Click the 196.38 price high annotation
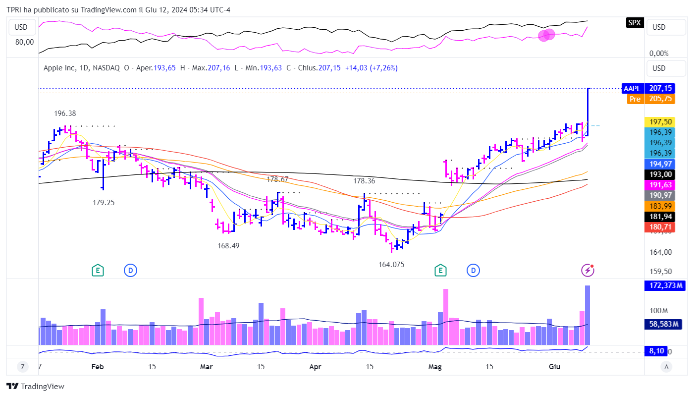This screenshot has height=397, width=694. tap(65, 113)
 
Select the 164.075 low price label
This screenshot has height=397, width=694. tap(391, 265)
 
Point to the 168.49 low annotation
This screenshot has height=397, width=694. tap(228, 245)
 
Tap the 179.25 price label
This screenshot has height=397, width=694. tap(104, 202)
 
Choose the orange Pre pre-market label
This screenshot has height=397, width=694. tap(635, 99)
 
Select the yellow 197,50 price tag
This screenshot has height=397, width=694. tap(660, 122)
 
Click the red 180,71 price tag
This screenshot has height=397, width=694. tap(660, 227)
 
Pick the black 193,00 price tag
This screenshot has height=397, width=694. tap(660, 174)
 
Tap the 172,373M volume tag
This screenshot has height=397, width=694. tap(664, 285)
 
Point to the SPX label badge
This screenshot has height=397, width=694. tap(634, 22)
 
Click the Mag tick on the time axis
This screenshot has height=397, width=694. tap(435, 367)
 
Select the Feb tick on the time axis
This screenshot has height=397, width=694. tap(98, 367)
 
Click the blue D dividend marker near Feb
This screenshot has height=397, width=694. tap(130, 270)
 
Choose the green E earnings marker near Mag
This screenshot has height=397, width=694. tap(440, 270)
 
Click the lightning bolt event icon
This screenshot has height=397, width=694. tap(587, 270)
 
